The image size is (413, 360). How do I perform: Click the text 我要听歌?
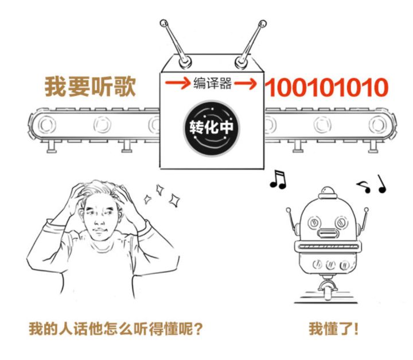(x=90, y=87)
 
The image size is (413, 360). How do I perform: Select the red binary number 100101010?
(x=326, y=88)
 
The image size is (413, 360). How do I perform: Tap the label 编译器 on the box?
(x=213, y=84)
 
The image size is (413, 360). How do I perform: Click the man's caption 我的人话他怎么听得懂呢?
(x=116, y=330)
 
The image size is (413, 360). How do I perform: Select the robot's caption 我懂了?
(x=334, y=330)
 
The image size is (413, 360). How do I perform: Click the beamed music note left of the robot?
(x=278, y=180)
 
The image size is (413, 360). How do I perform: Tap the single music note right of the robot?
(x=381, y=184)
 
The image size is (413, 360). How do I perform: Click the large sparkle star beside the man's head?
(x=174, y=199)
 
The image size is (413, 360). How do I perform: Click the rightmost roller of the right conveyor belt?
(x=376, y=124)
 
